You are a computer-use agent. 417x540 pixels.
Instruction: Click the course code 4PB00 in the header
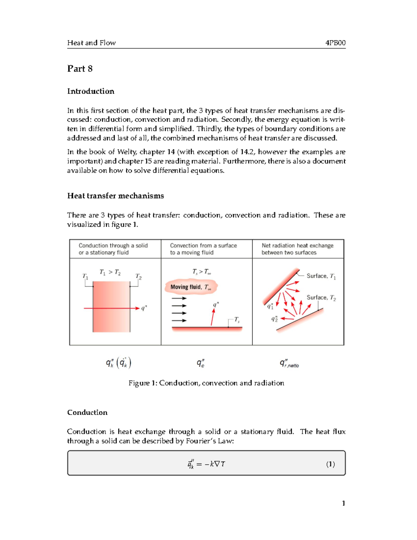(x=335, y=43)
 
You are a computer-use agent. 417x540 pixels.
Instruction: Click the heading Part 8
(x=80, y=68)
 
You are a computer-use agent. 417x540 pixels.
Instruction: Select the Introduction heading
(x=91, y=91)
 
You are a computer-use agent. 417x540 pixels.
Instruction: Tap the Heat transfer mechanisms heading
(x=115, y=196)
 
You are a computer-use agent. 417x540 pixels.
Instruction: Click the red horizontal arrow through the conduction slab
(x=111, y=308)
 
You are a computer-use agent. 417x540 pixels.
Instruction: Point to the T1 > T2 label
(x=110, y=272)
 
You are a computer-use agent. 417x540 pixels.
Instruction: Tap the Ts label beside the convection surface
(x=237, y=320)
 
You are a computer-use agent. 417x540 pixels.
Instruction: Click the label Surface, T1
(x=321, y=276)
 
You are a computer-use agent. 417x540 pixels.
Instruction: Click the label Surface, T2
(x=321, y=298)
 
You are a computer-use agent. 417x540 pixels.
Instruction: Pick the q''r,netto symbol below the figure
(x=289, y=363)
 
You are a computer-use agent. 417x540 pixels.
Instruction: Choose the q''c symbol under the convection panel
(x=201, y=363)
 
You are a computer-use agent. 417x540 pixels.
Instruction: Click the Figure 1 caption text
(x=206, y=383)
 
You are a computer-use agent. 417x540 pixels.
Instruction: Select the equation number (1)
(x=330, y=464)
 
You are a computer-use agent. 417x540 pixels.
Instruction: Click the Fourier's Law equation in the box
(x=206, y=464)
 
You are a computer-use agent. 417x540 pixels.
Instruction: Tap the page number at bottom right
(x=343, y=503)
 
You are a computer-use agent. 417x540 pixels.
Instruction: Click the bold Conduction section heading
(x=87, y=412)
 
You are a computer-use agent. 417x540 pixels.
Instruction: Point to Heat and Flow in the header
(x=91, y=43)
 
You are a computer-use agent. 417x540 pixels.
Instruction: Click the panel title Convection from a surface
(x=203, y=245)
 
